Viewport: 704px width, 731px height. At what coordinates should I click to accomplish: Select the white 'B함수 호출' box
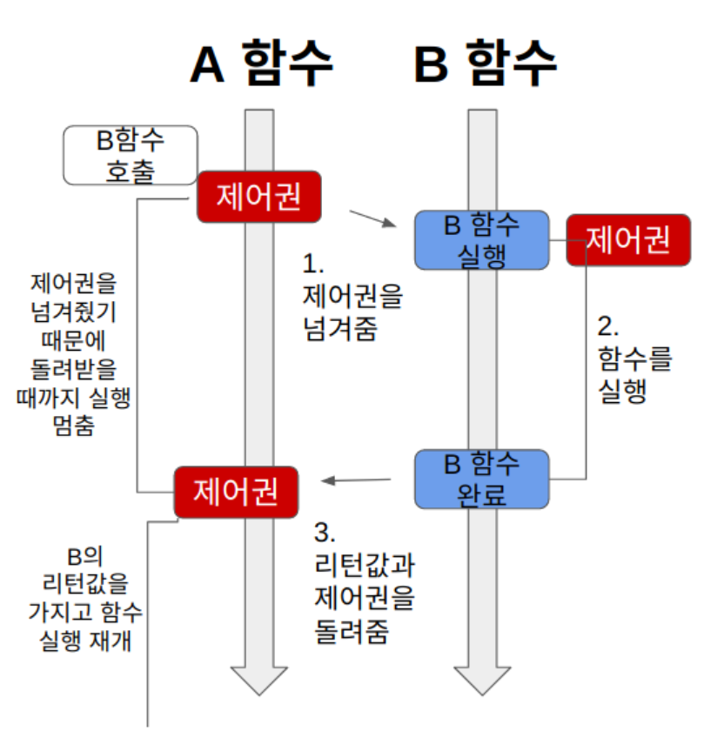(131, 155)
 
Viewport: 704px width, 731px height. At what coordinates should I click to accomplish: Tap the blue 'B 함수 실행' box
(481, 238)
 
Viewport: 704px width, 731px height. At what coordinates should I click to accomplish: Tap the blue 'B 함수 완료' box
(481, 478)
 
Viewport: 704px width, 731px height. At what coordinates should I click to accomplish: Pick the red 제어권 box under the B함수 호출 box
(258, 197)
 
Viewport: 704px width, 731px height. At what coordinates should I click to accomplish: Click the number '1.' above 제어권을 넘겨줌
(312, 263)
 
